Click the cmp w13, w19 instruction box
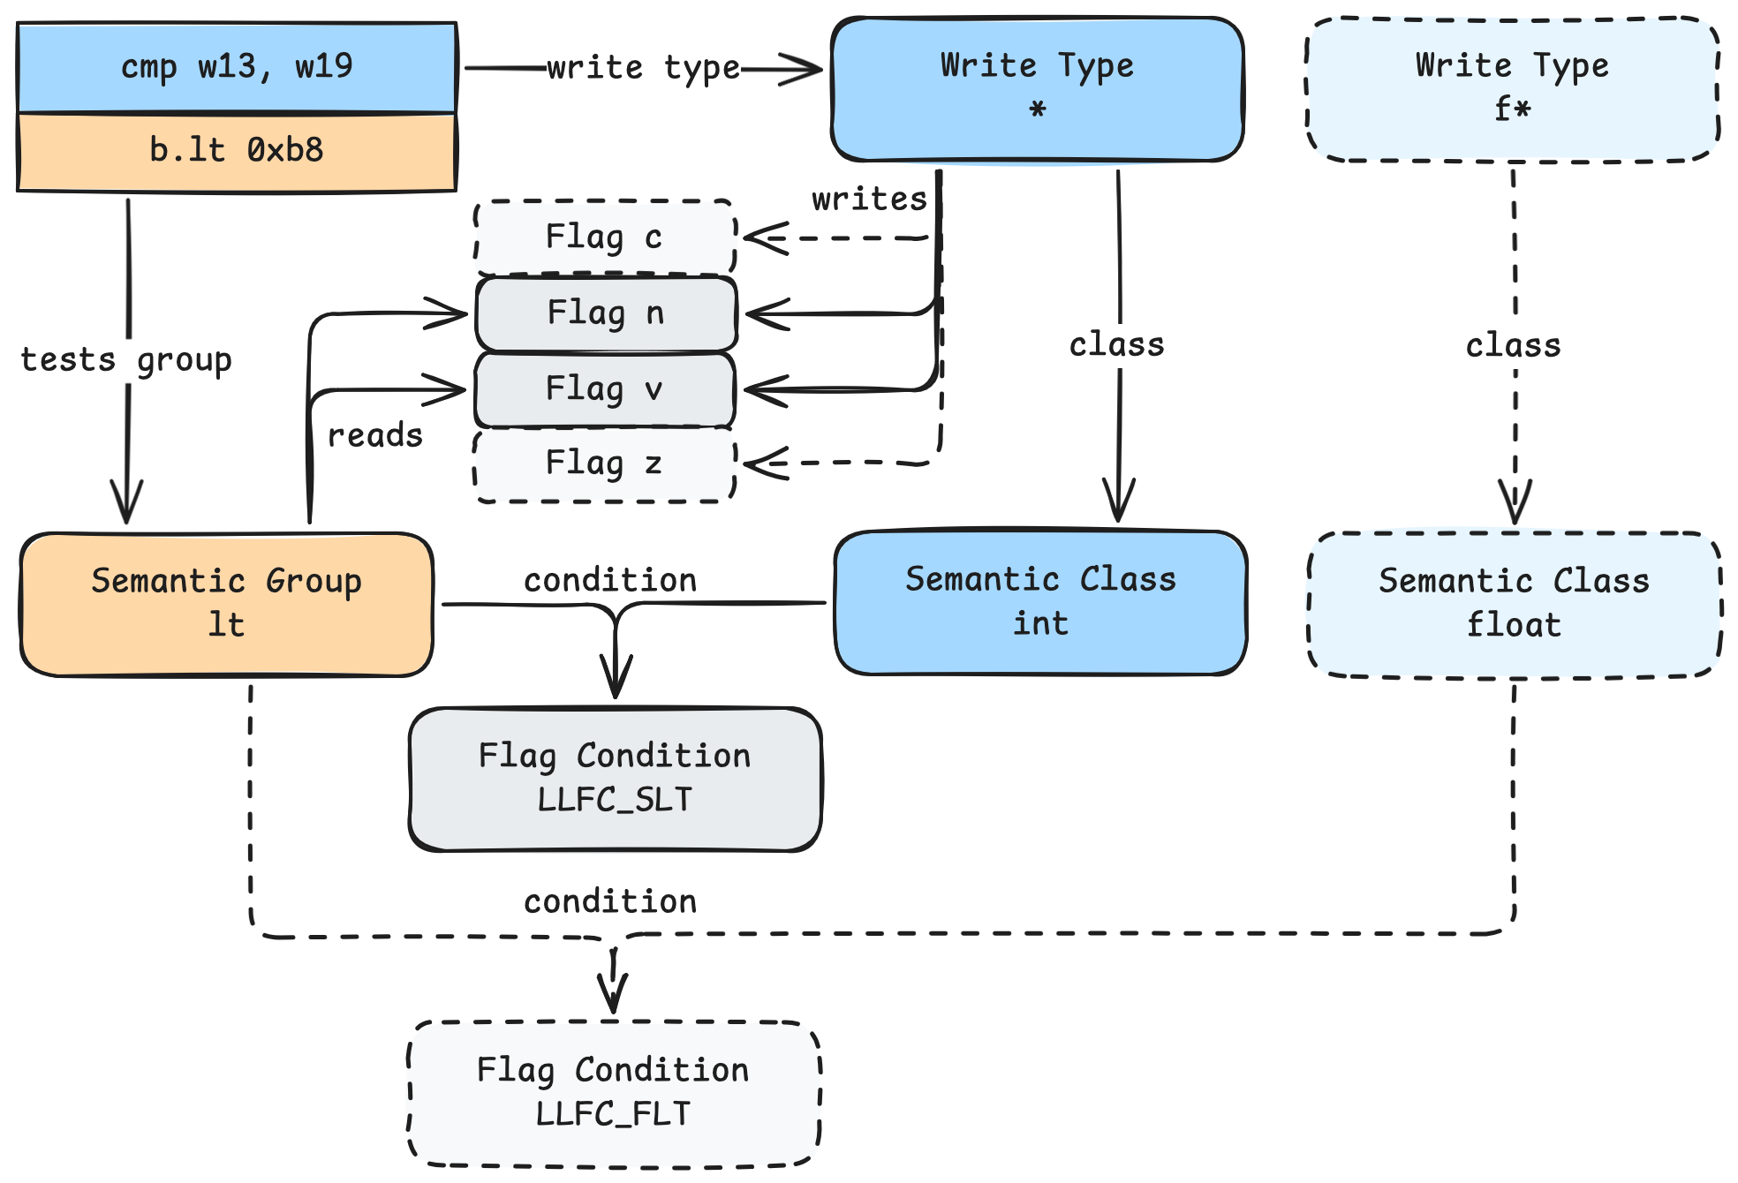[x=237, y=67]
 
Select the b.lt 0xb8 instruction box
[x=237, y=151]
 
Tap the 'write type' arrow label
[x=643, y=68]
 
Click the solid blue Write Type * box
[x=1037, y=89]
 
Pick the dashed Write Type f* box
[x=1512, y=89]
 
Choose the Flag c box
[x=605, y=237]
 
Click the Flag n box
[x=605, y=313]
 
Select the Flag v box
[x=605, y=389]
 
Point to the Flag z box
[x=605, y=463]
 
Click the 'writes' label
[x=869, y=200]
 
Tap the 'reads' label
[x=374, y=435]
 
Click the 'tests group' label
[x=125, y=360]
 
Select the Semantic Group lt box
[x=227, y=604]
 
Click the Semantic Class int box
[x=1040, y=602]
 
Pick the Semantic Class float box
[x=1514, y=604]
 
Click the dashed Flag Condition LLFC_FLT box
[x=614, y=1093]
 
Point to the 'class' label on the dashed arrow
[x=1513, y=345]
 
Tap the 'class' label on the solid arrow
[x=1116, y=345]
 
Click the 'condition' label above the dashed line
[x=610, y=901]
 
